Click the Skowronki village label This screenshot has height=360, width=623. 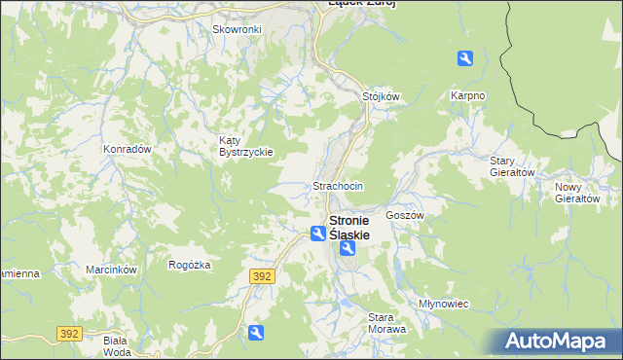coord(238,29)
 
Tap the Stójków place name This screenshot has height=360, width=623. coord(382,96)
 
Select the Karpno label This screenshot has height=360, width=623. coord(467,95)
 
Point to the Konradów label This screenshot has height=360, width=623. coord(127,149)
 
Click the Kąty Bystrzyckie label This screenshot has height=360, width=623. coord(244,146)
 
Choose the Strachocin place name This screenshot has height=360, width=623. coord(338,185)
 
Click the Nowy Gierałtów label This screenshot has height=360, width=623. coord(577,192)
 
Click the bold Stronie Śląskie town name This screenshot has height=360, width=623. coord(361,228)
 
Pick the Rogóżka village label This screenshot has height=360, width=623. coord(190,264)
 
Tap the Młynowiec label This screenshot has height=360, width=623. coord(443,304)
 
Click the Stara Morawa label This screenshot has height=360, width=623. coord(385,322)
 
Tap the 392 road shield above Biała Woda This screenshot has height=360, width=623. coord(68,333)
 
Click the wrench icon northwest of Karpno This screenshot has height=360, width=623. coord(465,59)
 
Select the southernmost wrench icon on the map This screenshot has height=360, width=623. coord(255,334)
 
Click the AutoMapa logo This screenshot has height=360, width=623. coord(558,342)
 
